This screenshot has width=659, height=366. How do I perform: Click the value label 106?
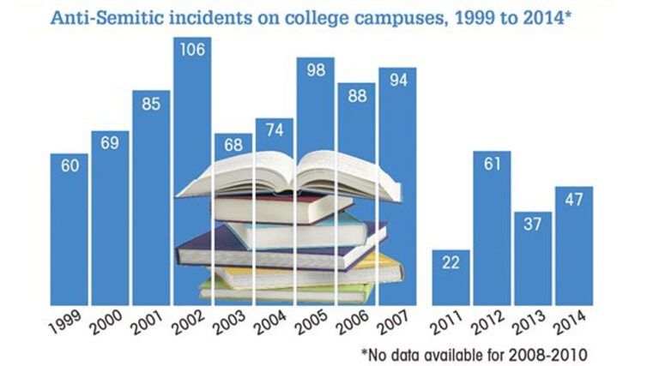click(192, 50)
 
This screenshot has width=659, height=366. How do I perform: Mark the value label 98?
click(316, 70)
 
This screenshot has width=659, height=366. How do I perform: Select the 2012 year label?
click(490, 323)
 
